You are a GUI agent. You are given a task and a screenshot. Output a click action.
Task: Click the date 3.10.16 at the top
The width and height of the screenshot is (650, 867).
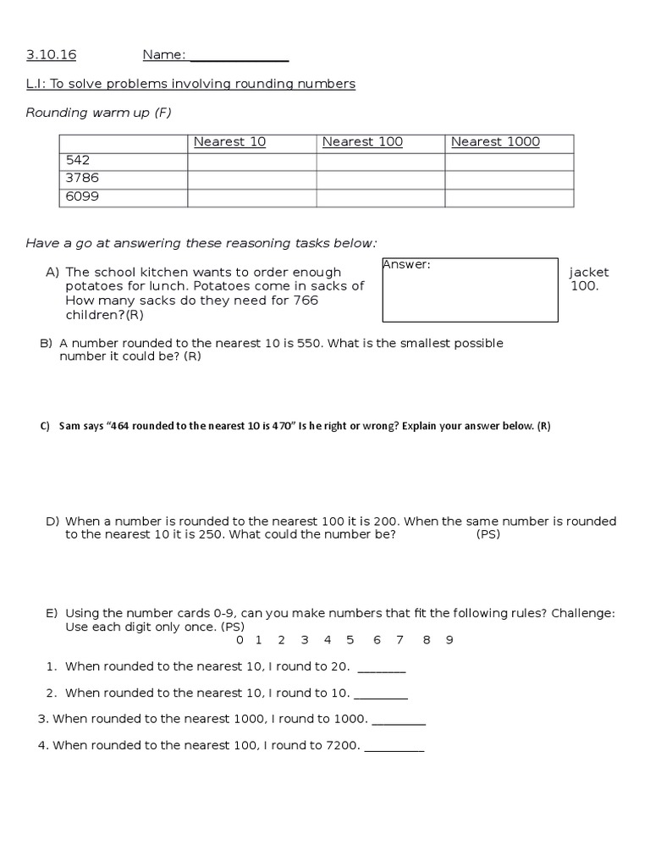[51, 55]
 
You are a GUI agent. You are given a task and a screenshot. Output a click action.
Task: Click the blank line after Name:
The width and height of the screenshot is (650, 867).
[240, 57]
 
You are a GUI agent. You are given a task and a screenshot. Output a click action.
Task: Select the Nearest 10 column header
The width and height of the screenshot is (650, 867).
[229, 142]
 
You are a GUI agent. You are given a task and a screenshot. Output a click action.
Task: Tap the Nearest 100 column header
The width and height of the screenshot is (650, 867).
[362, 142]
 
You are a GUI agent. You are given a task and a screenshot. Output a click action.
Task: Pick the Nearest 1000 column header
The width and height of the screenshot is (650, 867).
[495, 142]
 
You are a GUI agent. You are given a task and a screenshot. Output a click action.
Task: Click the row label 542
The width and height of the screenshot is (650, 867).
[77, 160]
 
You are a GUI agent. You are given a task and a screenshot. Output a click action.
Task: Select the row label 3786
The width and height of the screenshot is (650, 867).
[81, 179]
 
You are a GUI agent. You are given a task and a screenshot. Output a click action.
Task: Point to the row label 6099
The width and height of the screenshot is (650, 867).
[81, 197]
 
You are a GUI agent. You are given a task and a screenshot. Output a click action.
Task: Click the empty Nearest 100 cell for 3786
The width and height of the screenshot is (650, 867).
[380, 179]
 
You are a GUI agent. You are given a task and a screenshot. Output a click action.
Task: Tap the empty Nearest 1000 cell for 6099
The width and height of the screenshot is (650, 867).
[509, 198]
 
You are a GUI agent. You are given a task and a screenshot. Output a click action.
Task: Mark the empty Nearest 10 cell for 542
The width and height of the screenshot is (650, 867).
[251, 161]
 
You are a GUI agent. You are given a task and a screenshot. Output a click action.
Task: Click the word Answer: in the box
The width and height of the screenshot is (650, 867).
[407, 265]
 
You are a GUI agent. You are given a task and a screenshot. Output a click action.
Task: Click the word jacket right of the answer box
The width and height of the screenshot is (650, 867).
[588, 273]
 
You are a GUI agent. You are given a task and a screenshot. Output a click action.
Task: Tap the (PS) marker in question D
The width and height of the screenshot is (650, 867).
[487, 535]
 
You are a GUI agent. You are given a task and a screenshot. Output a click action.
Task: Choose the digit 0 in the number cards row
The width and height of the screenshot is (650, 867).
[240, 640]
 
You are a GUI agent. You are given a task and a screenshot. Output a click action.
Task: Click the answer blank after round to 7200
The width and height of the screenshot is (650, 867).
[394, 748]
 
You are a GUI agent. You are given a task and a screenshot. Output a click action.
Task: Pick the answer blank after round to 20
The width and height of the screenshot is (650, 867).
[382, 669]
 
